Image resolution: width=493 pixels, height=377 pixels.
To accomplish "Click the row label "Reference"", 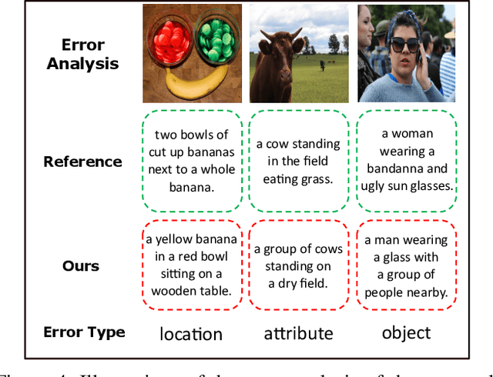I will click(x=82, y=162).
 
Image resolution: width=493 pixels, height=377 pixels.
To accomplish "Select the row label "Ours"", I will click(x=81, y=266).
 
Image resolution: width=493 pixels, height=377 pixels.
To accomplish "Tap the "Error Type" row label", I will click(x=84, y=332).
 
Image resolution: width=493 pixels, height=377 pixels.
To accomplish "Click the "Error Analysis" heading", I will click(x=82, y=54).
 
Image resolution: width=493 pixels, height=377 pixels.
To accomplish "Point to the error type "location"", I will click(x=191, y=333).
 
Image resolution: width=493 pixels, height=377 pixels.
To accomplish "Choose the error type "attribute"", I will click(x=298, y=333).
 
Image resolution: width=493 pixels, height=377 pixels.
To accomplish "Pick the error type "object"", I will click(x=406, y=332).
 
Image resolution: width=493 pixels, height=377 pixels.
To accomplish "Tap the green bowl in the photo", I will click(x=216, y=39).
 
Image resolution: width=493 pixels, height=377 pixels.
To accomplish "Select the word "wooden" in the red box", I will click(x=176, y=291).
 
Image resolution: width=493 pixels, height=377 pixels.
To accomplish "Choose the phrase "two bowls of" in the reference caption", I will click(x=192, y=135).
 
